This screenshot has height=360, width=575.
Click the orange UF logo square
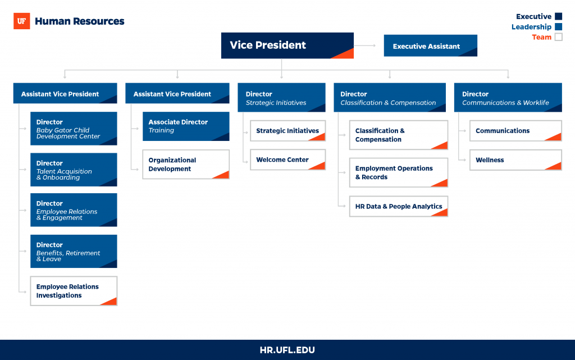(x=22, y=21)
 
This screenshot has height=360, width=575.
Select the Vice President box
(x=287, y=45)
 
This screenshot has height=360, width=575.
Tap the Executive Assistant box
(x=431, y=46)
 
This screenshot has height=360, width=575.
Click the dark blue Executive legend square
(x=559, y=16)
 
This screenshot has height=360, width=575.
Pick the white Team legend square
(x=559, y=37)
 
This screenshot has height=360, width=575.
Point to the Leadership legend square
(x=559, y=26)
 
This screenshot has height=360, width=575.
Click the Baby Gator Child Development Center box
(x=74, y=129)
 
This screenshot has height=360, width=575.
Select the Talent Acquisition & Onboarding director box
(x=74, y=170)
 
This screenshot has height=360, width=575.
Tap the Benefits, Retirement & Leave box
(x=74, y=251)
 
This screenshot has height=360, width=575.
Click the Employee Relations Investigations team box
(x=74, y=291)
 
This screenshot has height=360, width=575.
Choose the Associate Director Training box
(x=186, y=126)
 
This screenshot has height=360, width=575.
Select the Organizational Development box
(x=186, y=164)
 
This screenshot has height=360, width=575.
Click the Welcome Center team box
(x=288, y=160)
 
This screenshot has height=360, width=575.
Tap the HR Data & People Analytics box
(x=399, y=206)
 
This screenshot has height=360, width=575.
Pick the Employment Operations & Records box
(x=399, y=172)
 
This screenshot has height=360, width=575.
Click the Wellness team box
(x=515, y=160)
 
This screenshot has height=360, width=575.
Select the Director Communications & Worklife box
(x=508, y=98)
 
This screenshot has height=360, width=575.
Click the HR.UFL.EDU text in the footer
(x=287, y=350)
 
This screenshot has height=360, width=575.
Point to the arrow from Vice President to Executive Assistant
(x=365, y=45)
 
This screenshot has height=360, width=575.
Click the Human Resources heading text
(x=80, y=21)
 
